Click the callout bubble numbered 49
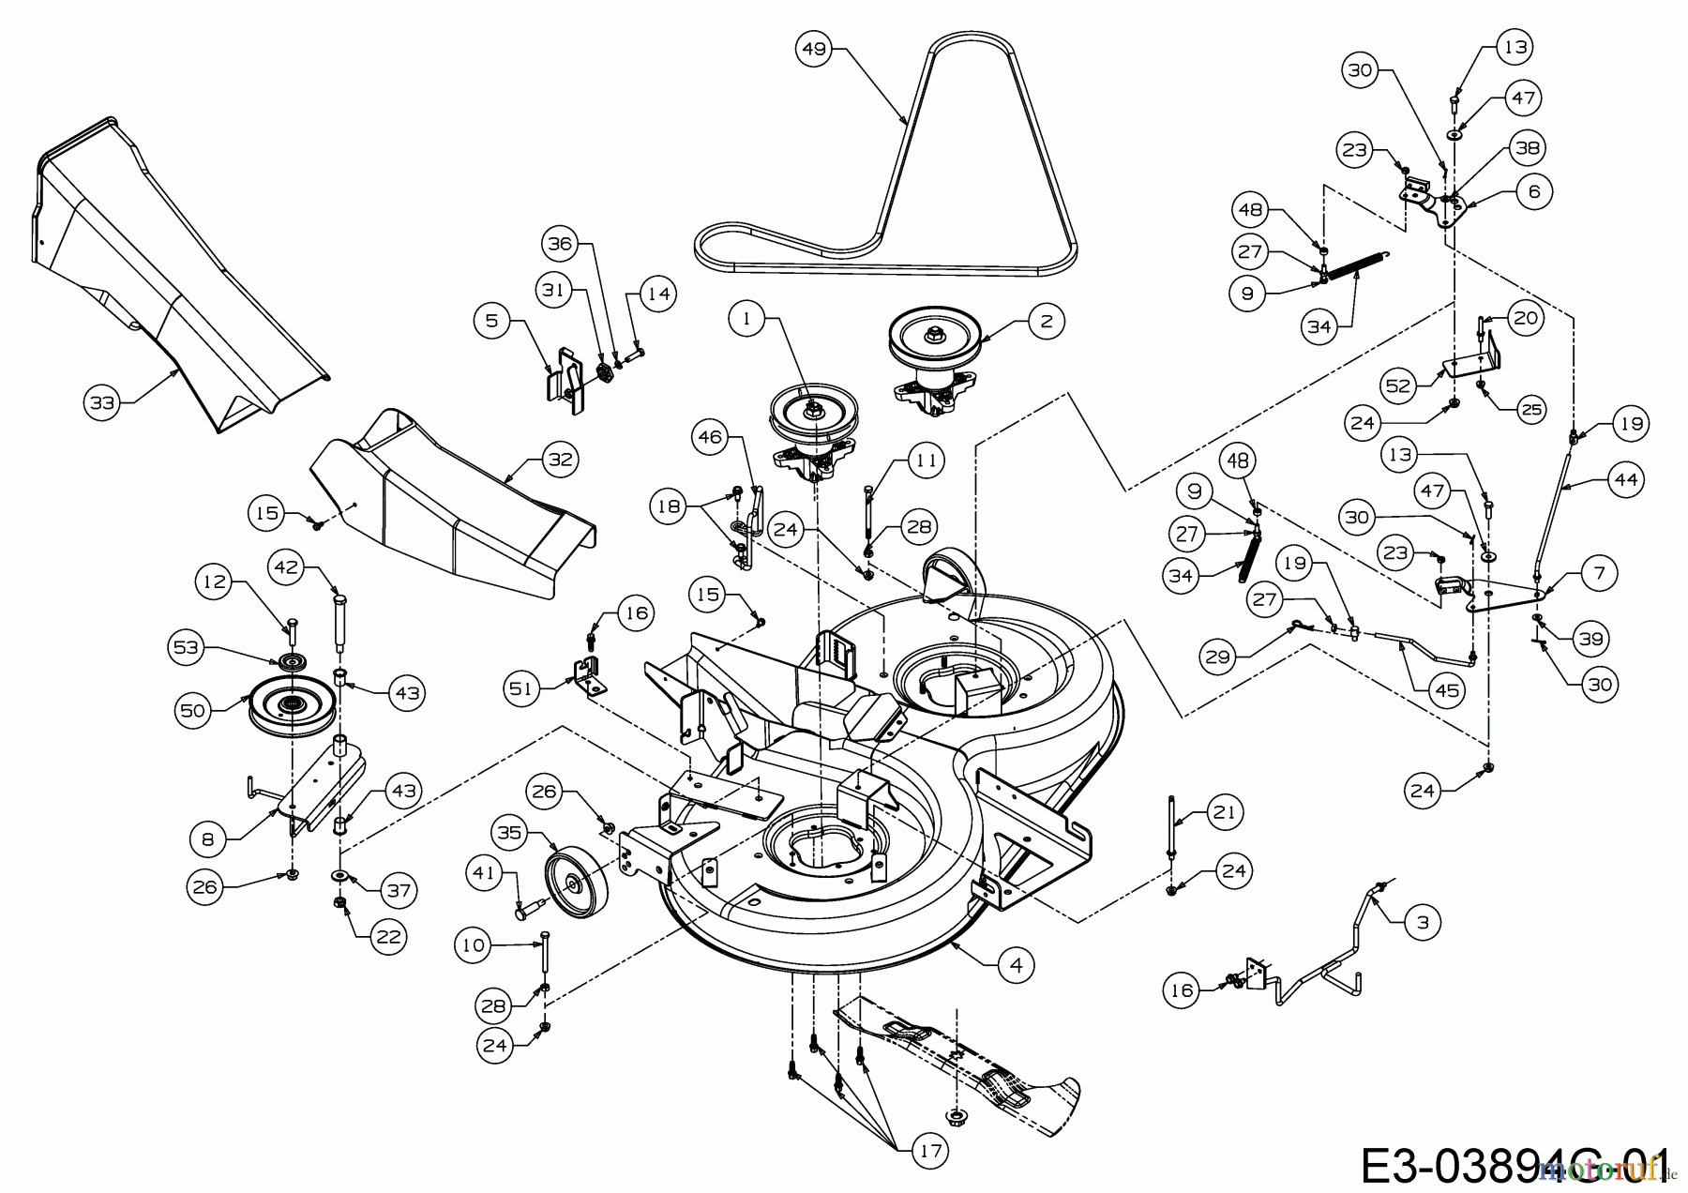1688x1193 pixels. (x=814, y=48)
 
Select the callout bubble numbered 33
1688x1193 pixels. (x=102, y=403)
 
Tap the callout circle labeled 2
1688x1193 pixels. (x=1046, y=322)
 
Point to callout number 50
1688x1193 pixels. (x=192, y=711)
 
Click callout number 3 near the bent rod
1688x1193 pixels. (x=1423, y=922)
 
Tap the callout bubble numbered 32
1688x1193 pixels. (x=562, y=460)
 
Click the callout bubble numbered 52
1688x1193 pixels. (x=1398, y=385)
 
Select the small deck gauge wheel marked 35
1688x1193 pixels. (x=574, y=876)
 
